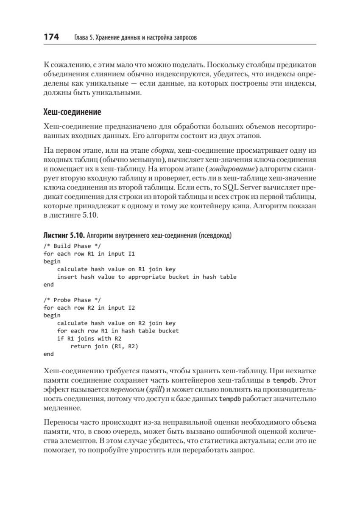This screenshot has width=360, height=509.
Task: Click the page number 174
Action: coord(51,37)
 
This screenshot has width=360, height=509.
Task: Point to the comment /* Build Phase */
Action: coord(72,246)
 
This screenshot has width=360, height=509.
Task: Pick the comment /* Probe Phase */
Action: coord(72,300)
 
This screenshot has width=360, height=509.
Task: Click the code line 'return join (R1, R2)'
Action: coord(104,346)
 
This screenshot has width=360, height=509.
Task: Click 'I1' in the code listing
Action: coord(132,254)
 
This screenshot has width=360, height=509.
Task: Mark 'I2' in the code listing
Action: coord(132,308)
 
